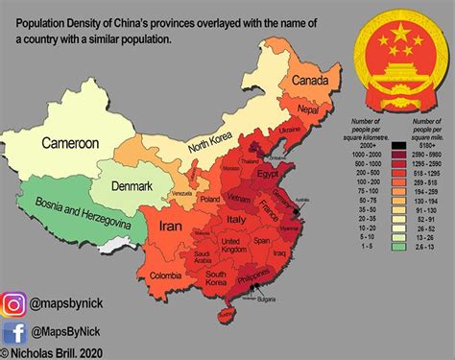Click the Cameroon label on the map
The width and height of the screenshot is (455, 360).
70,143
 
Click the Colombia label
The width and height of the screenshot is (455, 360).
166,278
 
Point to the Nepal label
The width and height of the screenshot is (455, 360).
306,111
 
